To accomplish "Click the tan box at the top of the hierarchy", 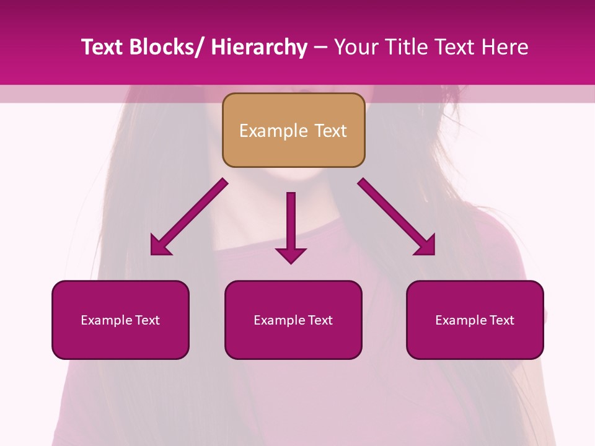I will coord(293,130).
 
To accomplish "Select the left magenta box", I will coord(120,320).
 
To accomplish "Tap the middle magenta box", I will coord(293,320).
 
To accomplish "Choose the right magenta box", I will coord(475,320).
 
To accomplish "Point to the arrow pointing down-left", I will coord(189,217).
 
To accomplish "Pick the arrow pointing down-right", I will coord(397,217).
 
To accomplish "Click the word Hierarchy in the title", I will coord(259,47).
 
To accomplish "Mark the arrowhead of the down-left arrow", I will coord(160,246).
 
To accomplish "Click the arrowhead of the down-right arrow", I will coord(426,246).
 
